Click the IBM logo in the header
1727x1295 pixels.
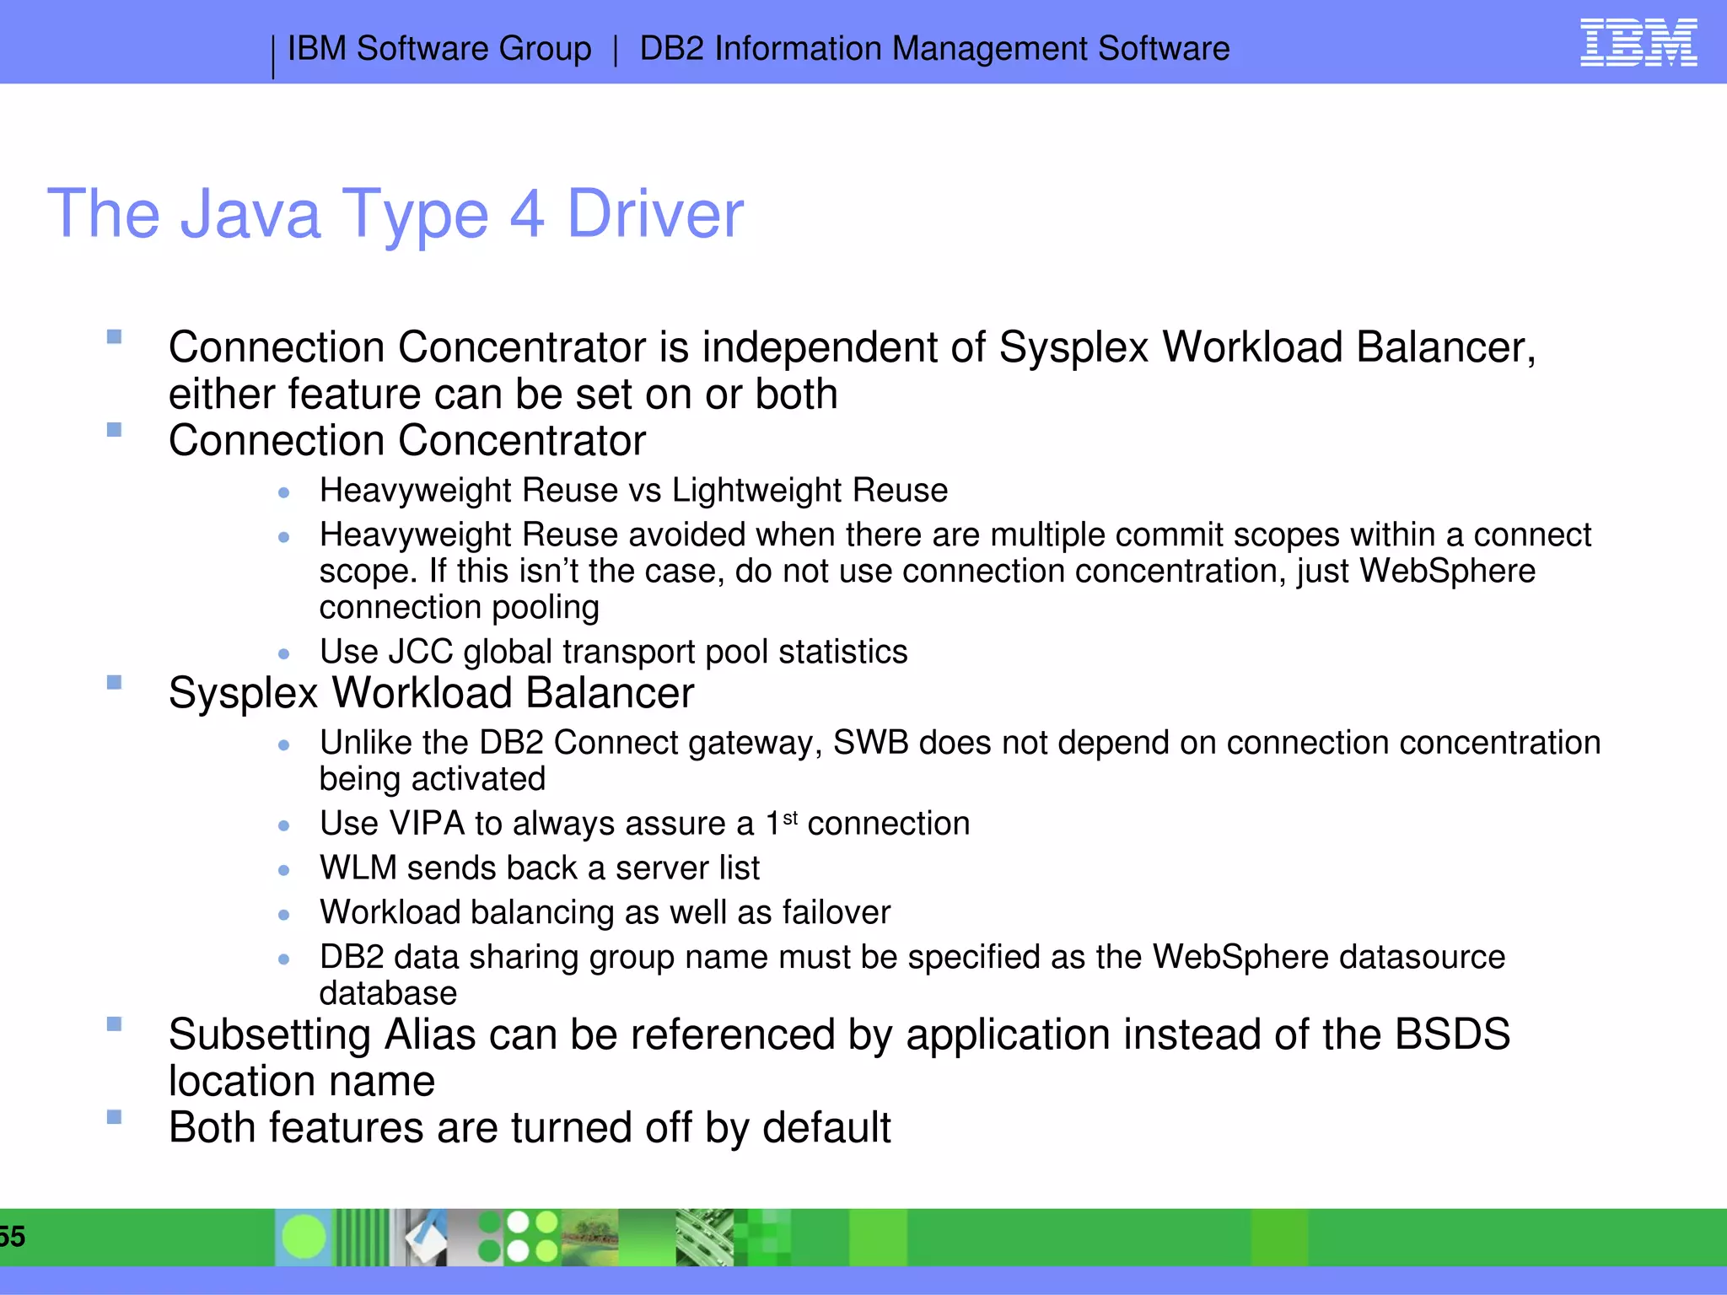pyautogui.click(x=1638, y=43)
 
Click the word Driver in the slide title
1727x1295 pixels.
pyautogui.click(x=655, y=214)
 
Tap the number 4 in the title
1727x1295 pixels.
pyautogui.click(x=527, y=214)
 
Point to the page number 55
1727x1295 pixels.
pyautogui.click(x=12, y=1237)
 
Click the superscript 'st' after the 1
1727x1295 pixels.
pyautogui.click(x=790, y=817)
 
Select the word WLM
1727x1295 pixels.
pyautogui.click(x=358, y=868)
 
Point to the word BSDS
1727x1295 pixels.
pyautogui.click(x=1451, y=1035)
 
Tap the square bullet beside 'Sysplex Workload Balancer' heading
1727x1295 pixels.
pyautogui.click(x=115, y=682)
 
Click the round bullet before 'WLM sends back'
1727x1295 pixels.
pyautogui.click(x=284, y=870)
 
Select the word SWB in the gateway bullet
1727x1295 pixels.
pyautogui.click(x=870, y=744)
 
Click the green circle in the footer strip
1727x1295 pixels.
pyautogui.click(x=304, y=1237)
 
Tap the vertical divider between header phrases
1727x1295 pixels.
pyautogui.click(x=616, y=50)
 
